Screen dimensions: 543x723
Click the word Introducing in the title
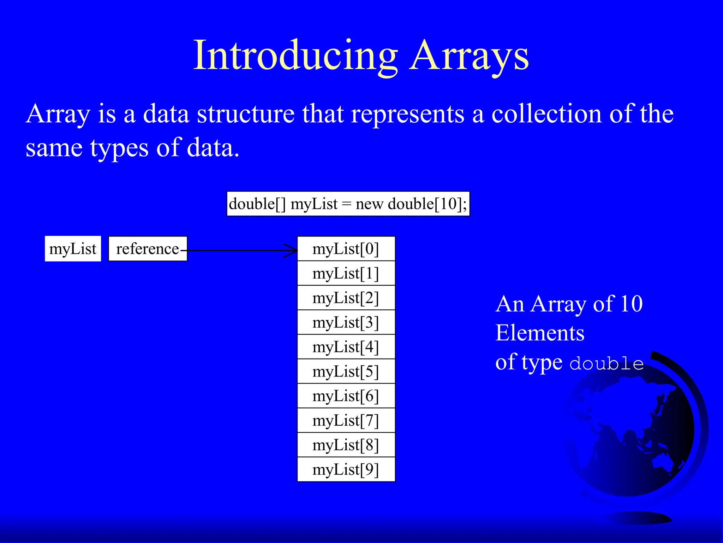[x=296, y=56]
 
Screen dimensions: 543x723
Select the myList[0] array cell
[x=346, y=249]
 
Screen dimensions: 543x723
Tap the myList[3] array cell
[x=346, y=322]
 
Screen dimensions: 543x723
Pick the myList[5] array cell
[x=346, y=372]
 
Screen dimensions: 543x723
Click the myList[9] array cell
[x=346, y=469]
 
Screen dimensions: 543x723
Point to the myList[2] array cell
[x=346, y=298]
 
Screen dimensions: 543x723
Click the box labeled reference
[x=148, y=249]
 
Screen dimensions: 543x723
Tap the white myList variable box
[x=73, y=249]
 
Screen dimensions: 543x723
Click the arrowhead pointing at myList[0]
[x=292, y=251]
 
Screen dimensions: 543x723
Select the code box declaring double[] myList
[x=348, y=204]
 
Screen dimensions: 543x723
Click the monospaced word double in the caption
[x=607, y=364]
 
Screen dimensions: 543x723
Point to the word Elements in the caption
[x=540, y=333]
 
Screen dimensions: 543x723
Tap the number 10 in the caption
[x=631, y=304]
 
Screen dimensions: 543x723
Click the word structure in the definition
[x=246, y=114]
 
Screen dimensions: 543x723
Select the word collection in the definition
[x=546, y=114]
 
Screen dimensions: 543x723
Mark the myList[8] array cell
[x=346, y=445]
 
